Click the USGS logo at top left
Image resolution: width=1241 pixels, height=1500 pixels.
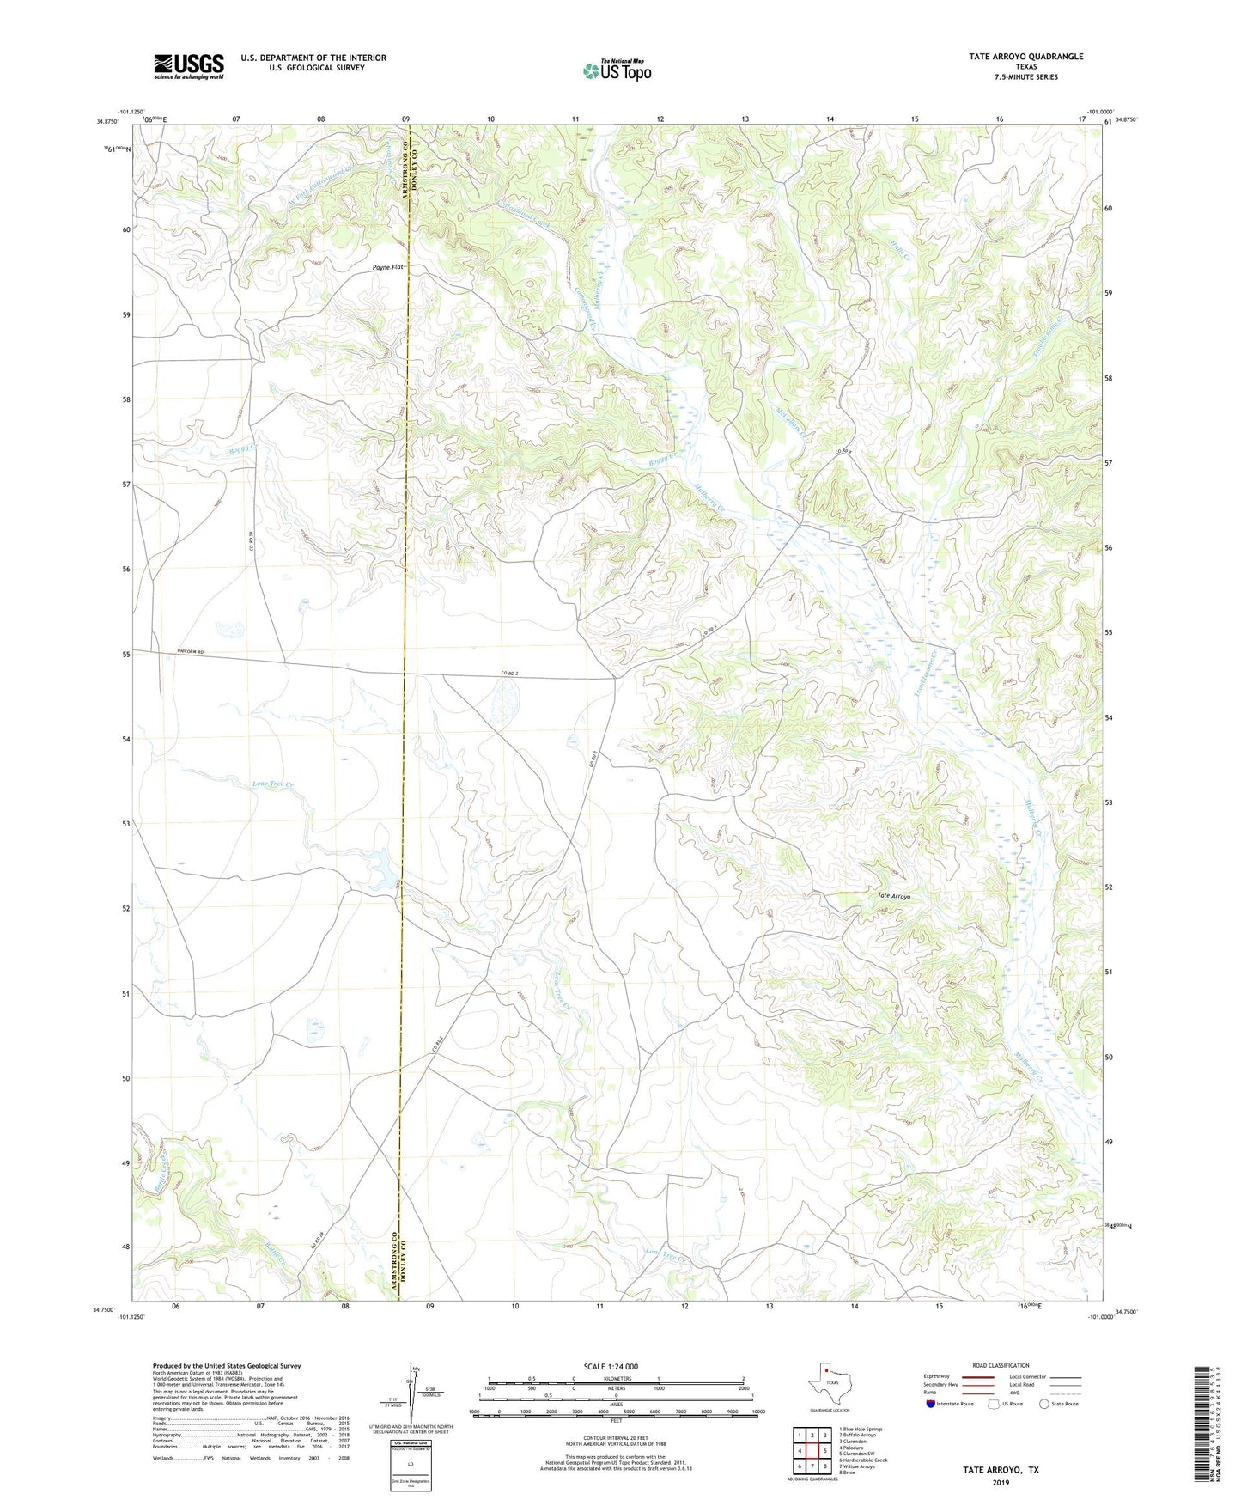coord(189,65)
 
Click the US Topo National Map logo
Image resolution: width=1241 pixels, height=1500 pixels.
coord(617,70)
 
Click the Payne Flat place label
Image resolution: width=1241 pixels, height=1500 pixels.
coord(387,268)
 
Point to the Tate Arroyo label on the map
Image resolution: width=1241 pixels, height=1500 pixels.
coord(894,896)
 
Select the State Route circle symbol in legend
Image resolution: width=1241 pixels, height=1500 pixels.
coord(1043,1404)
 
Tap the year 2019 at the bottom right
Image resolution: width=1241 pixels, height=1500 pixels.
coord(1001,1482)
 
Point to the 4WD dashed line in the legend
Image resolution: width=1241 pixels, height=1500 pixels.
coord(1065,1393)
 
